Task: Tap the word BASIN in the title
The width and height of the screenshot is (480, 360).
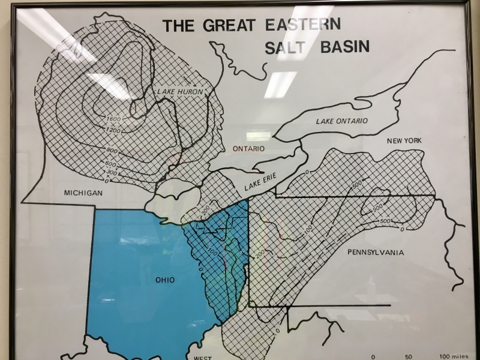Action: point(342,47)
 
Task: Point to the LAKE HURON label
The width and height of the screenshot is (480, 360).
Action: point(180,92)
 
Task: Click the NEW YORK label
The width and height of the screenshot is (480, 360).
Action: point(404,140)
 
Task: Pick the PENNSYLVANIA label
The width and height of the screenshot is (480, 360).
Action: point(376,253)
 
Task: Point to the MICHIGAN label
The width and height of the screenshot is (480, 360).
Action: point(84,193)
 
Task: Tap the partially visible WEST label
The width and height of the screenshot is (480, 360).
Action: point(202,357)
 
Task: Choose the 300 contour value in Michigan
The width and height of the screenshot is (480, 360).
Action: point(111,172)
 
